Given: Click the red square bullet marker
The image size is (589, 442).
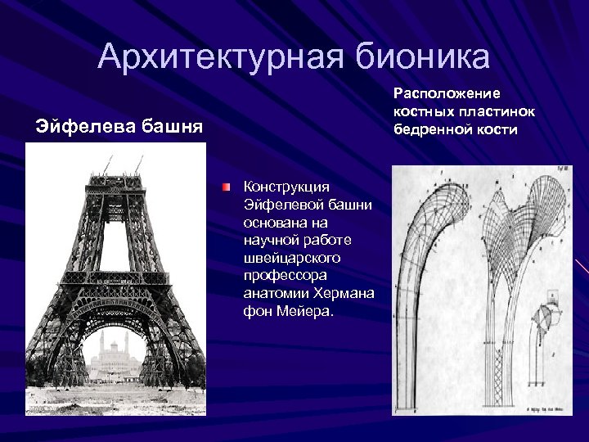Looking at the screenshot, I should [225, 187].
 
